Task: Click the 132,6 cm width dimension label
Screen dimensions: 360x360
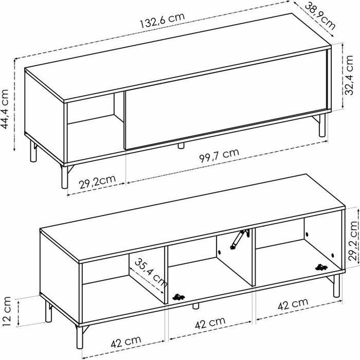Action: pyautogui.click(x=163, y=20)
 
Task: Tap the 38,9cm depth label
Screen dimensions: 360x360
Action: pyautogui.click(x=320, y=16)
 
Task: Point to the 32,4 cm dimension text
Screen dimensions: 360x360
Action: pyautogui.click(x=349, y=75)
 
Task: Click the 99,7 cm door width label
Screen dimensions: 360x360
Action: pyautogui.click(x=219, y=155)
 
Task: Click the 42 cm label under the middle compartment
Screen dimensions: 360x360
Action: pyautogui.click(x=210, y=323)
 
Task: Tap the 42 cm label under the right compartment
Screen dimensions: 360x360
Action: pyautogui.click(x=293, y=304)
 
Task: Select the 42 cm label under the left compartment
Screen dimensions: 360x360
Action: pyautogui.click(x=126, y=343)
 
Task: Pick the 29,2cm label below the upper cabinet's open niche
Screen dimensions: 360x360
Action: pyautogui.click(x=97, y=182)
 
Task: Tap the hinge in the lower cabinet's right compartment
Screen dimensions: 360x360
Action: pyautogui.click(x=321, y=267)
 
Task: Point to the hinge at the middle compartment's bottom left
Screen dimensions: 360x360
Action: pyautogui.click(x=178, y=297)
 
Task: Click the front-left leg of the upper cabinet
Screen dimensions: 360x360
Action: pyautogui.click(x=65, y=176)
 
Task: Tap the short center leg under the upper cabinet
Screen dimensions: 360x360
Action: pyautogui.click(x=181, y=146)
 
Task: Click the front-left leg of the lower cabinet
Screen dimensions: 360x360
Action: pyautogui.click(x=80, y=337)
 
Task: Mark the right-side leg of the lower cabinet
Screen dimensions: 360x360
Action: pyautogui.click(x=336, y=285)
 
